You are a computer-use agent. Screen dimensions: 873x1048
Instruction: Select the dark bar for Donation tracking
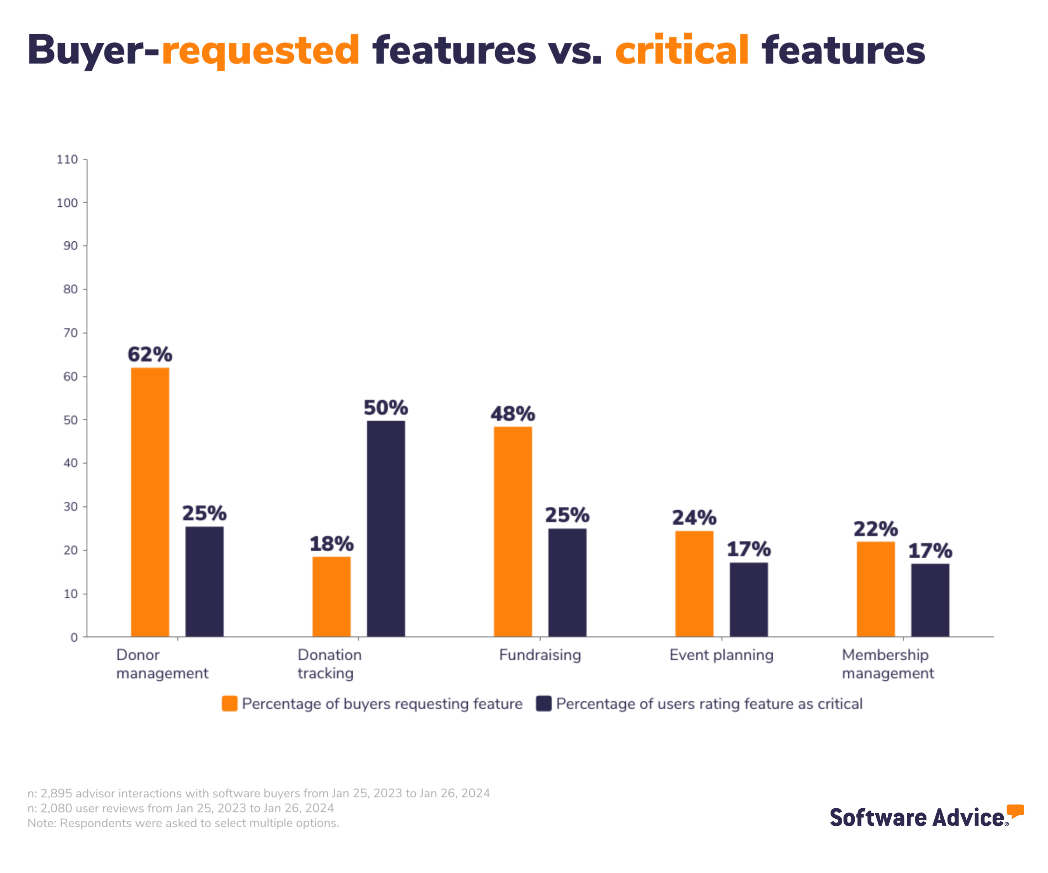[x=386, y=529]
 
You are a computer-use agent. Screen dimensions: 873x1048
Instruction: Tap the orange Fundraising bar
[x=512, y=531]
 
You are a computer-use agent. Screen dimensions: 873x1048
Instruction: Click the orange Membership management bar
[x=875, y=589]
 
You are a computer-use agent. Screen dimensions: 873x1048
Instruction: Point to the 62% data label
[x=150, y=355]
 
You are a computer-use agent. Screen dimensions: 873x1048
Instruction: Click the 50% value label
[x=386, y=407]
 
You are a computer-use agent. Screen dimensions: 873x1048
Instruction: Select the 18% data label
[x=331, y=544]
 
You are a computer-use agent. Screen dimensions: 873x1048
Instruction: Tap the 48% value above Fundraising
[x=512, y=414]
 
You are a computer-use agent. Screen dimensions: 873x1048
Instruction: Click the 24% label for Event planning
[x=694, y=518]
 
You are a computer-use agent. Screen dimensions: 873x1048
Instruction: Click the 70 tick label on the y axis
[x=70, y=333]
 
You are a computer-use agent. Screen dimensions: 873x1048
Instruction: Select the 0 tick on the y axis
[x=74, y=637]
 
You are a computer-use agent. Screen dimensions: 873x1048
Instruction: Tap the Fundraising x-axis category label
[x=540, y=655]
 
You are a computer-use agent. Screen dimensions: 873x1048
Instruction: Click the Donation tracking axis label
[x=330, y=663]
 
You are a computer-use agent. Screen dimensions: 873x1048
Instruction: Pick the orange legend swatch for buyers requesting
[x=229, y=703]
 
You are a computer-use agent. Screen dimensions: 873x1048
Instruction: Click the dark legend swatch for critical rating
[x=543, y=703]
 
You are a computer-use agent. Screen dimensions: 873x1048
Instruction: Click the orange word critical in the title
[x=682, y=50]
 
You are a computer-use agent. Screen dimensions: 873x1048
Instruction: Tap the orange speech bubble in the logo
[x=1015, y=811]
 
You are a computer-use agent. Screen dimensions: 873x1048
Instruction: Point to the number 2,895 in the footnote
[x=56, y=793]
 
